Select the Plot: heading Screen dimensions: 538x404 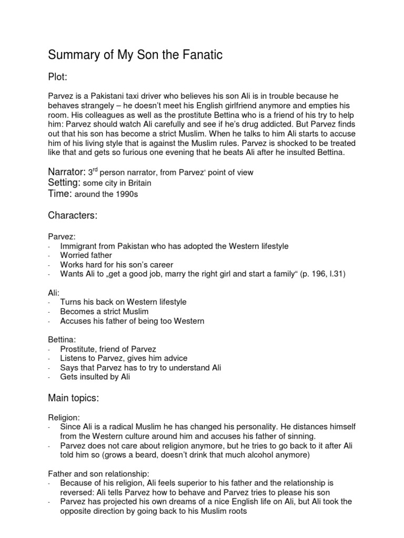[58, 78]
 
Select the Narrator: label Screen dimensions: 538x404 [66, 172]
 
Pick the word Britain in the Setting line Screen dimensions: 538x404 [138, 183]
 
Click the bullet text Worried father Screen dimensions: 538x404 [86, 255]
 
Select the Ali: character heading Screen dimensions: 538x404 [53, 293]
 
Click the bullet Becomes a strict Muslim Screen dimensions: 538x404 [104, 312]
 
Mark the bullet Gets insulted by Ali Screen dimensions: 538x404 [95, 377]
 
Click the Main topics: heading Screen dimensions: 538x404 [73, 399]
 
